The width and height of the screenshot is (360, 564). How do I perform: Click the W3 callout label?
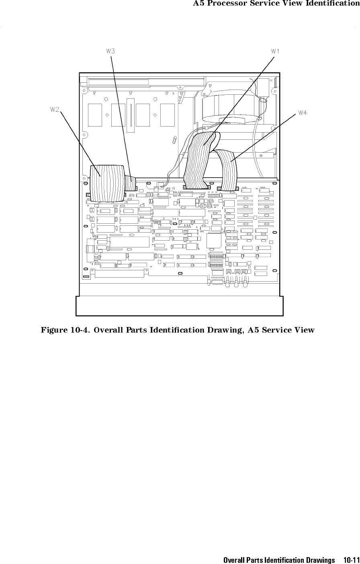point(110,51)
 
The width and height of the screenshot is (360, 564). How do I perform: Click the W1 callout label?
point(275,51)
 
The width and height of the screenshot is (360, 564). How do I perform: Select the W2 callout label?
point(55,109)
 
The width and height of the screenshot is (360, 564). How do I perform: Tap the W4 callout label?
point(303,113)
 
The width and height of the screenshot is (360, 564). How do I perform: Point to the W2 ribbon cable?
point(107,184)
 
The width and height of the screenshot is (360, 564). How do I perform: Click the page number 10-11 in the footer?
point(352,560)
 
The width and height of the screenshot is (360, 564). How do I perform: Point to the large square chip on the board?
point(214,241)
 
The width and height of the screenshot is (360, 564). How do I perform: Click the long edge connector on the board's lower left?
point(119,273)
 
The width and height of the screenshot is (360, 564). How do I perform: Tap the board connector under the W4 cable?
point(228,188)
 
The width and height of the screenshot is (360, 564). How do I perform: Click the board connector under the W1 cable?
point(196,187)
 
